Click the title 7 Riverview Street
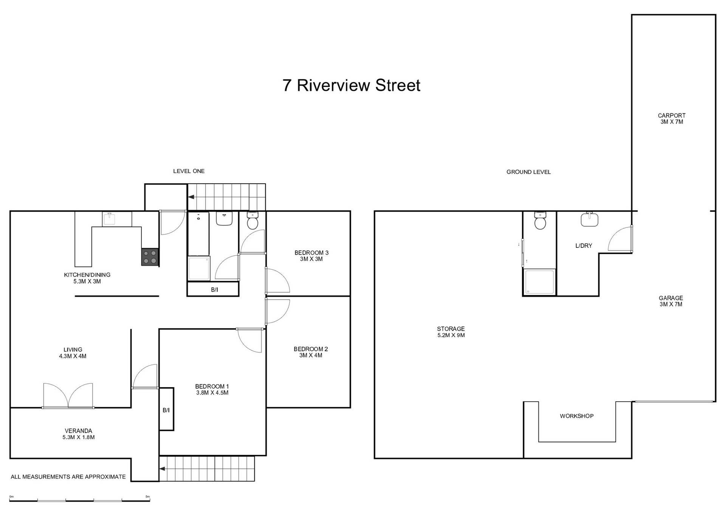click(x=351, y=85)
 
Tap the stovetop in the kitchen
click(x=150, y=257)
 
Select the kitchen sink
click(x=110, y=219)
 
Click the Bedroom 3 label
click(x=312, y=256)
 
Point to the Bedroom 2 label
click(x=311, y=352)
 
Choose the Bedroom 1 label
click(x=212, y=389)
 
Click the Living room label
click(x=73, y=353)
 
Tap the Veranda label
click(x=78, y=434)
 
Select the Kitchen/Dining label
click(x=87, y=278)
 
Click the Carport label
click(x=672, y=119)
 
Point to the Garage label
click(x=671, y=301)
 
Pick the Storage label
click(x=451, y=332)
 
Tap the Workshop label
click(x=577, y=416)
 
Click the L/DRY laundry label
click(x=583, y=246)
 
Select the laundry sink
click(x=589, y=219)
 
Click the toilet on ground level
click(x=540, y=221)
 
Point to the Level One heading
click(x=189, y=171)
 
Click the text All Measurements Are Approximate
click(x=68, y=477)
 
